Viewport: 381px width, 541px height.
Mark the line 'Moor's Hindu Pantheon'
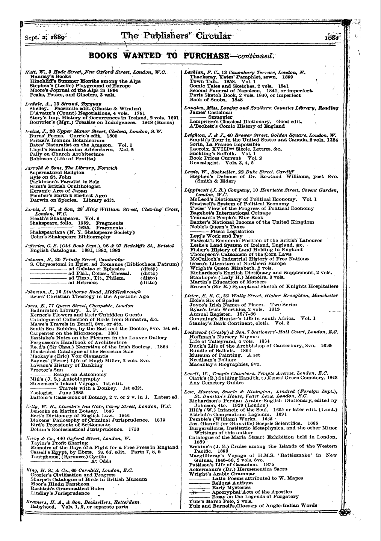coord(60,484)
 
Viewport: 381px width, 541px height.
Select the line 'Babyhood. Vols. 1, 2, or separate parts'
coord(79,506)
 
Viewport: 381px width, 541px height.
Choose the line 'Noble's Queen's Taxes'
coord(217,227)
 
